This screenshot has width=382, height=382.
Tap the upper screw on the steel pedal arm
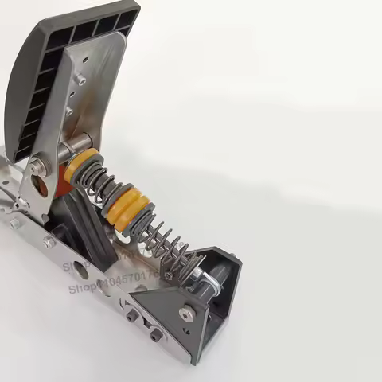81,80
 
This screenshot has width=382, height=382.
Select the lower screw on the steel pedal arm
70,111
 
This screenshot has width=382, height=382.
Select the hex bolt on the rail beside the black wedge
49,241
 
